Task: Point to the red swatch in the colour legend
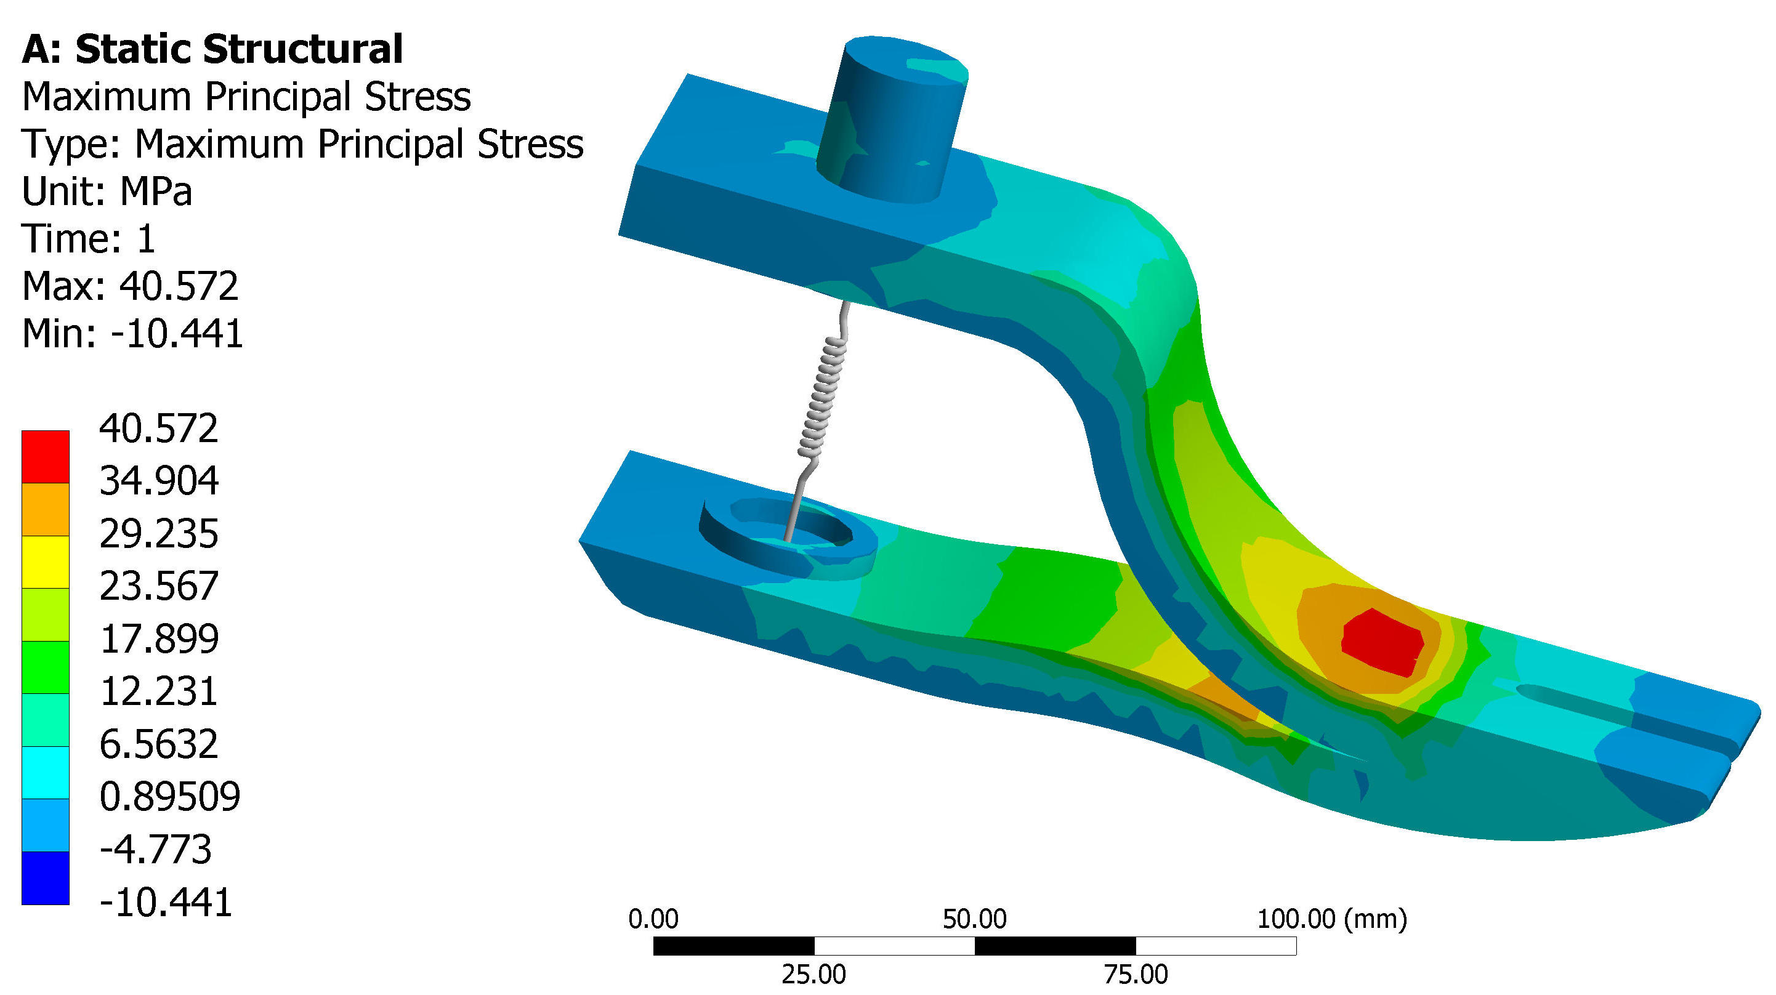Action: point(46,456)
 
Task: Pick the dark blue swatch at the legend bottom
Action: point(46,877)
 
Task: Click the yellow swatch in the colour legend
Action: point(46,562)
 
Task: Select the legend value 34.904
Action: point(159,481)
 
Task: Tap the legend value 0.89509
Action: point(169,796)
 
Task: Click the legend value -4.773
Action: point(156,849)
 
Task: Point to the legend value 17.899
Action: point(159,638)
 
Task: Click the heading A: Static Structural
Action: point(212,50)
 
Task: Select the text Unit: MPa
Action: point(107,191)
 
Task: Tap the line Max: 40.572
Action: point(131,286)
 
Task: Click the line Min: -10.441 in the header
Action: point(132,334)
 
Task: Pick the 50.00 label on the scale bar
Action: point(974,919)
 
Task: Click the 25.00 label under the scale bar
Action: point(813,974)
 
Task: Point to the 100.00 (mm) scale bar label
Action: point(1332,919)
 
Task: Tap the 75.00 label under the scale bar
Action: point(1136,974)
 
